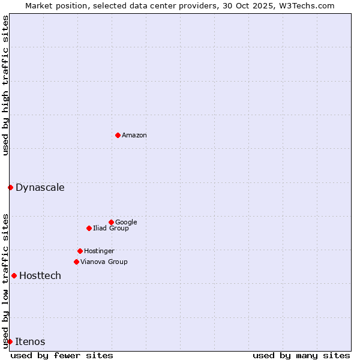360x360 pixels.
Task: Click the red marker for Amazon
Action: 118,135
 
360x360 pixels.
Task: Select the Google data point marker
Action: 111,222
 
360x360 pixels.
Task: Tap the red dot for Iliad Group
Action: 89,228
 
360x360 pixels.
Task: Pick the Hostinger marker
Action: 80,251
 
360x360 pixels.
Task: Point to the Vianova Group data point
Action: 76,262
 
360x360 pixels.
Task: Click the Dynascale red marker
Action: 10,187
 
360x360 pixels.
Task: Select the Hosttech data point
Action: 14,275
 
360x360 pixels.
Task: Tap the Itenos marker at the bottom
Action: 10,341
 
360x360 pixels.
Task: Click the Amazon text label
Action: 134,135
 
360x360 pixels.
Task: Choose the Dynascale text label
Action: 40,187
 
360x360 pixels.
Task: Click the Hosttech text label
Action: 40,275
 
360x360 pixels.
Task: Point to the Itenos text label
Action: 30,341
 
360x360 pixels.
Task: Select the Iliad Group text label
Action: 110,228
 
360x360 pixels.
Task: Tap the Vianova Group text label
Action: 104,262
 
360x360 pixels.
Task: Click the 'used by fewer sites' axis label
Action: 62,355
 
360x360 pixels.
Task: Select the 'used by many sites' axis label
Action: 301,355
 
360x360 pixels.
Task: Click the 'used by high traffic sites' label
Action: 5,85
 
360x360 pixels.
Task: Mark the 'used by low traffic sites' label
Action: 5,280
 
